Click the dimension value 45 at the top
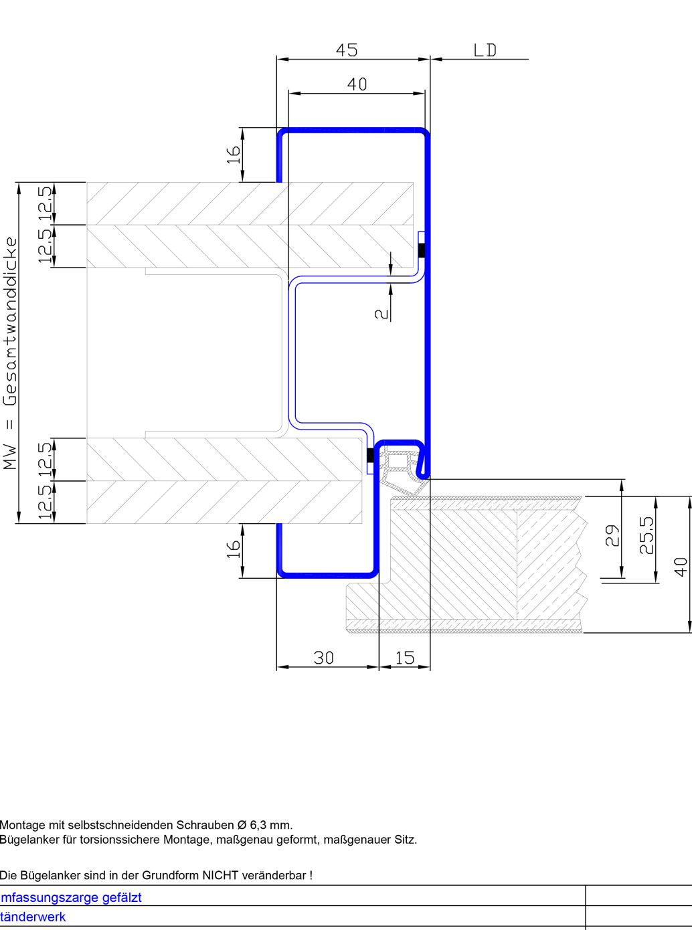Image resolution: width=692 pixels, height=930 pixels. (347, 50)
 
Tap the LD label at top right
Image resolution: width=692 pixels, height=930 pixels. (485, 50)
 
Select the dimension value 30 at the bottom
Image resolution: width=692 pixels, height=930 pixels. (324, 658)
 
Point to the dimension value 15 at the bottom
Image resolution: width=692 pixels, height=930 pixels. (405, 658)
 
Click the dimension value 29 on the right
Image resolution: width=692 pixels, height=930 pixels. (613, 535)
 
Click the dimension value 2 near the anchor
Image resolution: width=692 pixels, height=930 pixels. (381, 314)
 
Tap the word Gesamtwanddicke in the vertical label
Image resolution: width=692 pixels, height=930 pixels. (11, 322)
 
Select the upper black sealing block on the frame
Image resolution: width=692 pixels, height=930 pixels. (422, 251)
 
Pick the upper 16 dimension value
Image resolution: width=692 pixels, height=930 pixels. (234, 155)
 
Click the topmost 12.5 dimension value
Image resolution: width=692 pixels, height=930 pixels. (46, 203)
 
